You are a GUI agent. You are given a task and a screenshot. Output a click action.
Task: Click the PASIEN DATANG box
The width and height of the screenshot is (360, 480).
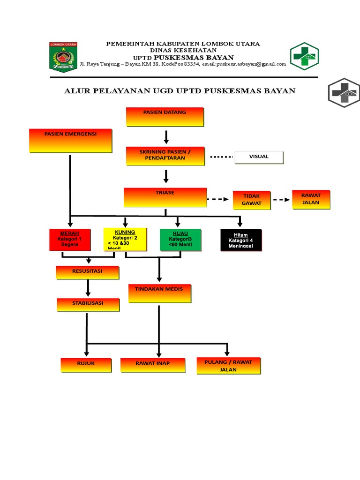tap(165, 117)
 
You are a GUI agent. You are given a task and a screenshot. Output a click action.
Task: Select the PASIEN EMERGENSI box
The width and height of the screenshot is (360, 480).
tap(70, 141)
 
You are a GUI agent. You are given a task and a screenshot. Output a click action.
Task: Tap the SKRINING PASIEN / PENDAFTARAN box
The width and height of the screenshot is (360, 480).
tap(165, 156)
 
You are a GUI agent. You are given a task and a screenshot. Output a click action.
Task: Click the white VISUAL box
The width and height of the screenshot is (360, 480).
tap(259, 157)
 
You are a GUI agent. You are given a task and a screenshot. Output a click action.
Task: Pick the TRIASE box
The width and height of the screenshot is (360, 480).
tap(165, 197)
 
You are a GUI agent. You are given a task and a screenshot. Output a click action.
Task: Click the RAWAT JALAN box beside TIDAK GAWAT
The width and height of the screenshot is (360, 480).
tap(311, 199)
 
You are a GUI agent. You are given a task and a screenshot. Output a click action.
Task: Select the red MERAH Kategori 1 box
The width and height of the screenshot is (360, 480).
tap(69, 240)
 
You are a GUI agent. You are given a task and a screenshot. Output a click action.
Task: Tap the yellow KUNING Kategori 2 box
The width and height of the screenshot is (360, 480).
tap(125, 239)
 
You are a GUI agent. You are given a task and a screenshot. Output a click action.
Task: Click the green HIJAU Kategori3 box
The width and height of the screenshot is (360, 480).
tap(180, 240)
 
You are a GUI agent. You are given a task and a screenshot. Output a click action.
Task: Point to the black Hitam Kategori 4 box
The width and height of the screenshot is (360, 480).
tap(241, 240)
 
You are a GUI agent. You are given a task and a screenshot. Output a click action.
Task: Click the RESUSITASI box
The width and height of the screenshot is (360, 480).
tap(87, 272)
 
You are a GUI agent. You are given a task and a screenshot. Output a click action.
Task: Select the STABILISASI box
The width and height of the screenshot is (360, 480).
tap(88, 304)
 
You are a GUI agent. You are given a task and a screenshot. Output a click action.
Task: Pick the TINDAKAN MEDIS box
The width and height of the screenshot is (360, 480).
tap(159, 293)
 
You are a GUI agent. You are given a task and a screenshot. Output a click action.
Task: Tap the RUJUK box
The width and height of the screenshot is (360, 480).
tap(86, 365)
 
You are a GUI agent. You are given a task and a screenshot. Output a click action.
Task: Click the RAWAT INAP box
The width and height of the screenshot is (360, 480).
tap(153, 365)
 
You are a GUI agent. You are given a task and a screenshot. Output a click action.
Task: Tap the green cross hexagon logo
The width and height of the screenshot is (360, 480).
tap(304, 56)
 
